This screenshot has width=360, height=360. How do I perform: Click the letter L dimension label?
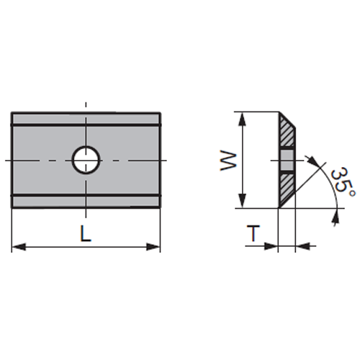pos(86,233)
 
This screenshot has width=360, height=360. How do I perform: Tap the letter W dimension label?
pos(228,161)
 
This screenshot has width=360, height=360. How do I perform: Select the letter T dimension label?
pos(253,233)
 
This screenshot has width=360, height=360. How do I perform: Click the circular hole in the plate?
pos(86,160)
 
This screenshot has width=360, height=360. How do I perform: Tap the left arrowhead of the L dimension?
pos(19,246)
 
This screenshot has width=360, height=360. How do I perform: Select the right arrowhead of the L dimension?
pos(153,246)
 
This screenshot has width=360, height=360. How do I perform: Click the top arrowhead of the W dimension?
pos(243,120)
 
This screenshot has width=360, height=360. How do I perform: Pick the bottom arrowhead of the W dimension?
pos(243,201)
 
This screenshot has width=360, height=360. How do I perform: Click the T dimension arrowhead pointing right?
pos(271,246)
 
